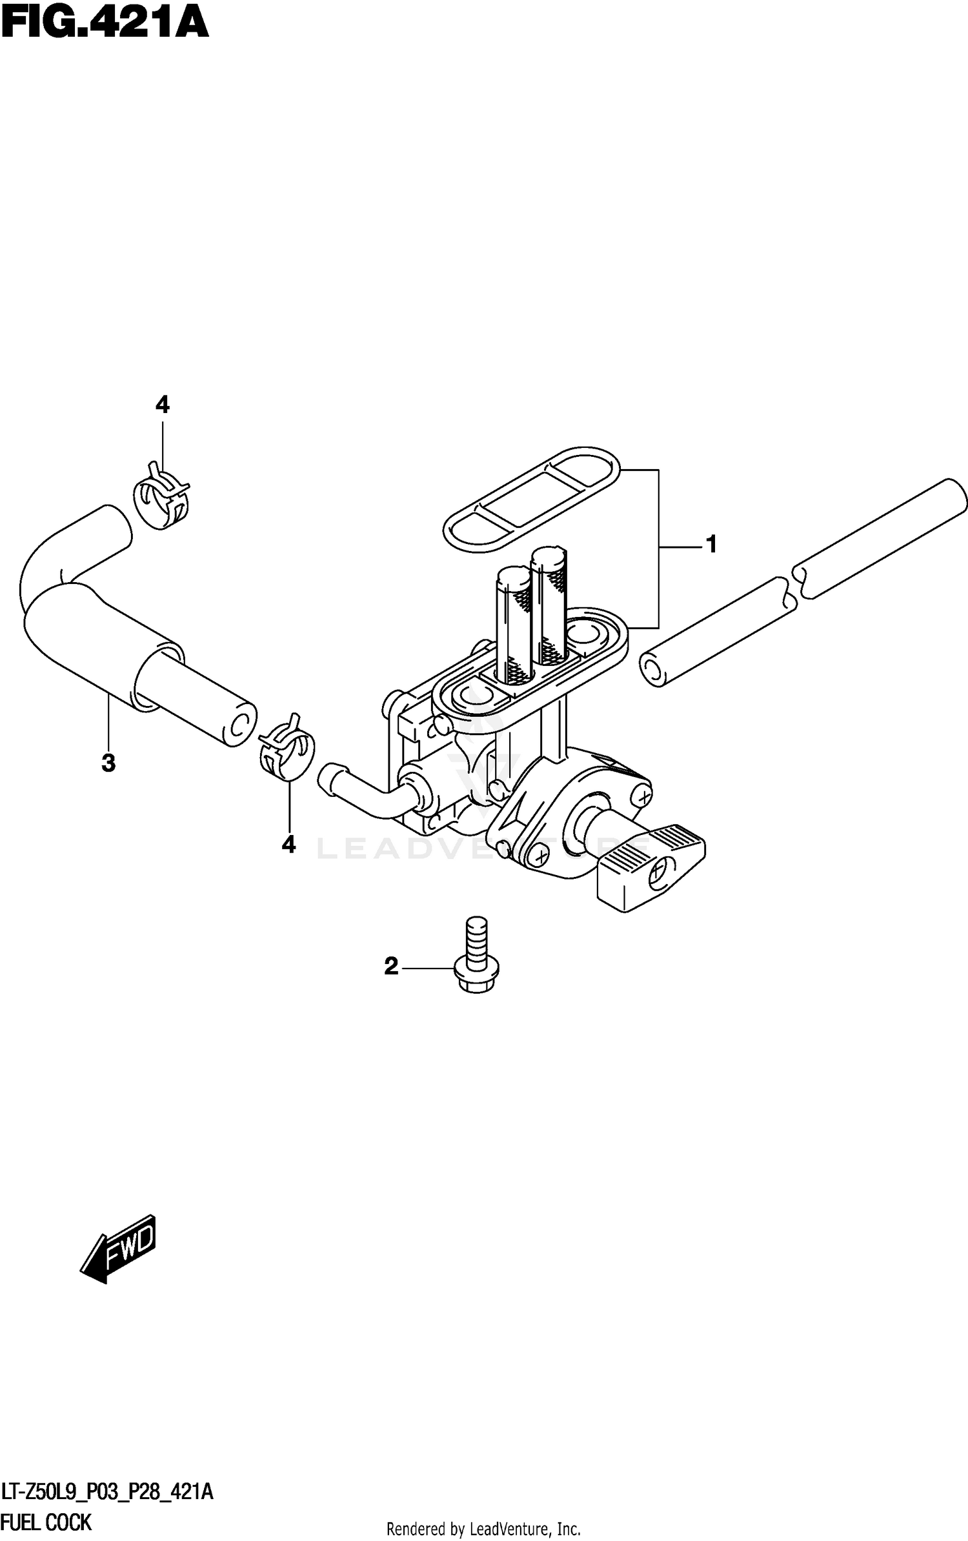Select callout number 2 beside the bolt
click(x=391, y=967)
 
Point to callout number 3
click(x=108, y=763)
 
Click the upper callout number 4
click(x=162, y=405)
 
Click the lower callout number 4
click(x=288, y=843)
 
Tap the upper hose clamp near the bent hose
click(x=161, y=494)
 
